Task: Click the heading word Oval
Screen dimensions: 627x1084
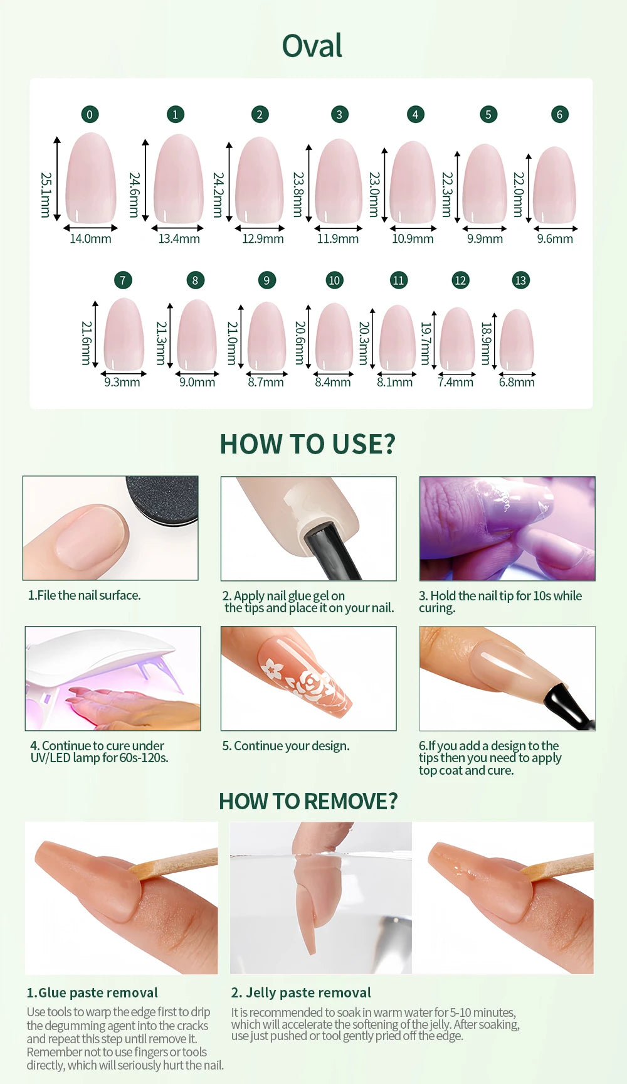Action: point(312,46)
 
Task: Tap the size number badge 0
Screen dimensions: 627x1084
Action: point(90,114)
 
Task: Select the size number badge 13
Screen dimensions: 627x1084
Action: point(520,280)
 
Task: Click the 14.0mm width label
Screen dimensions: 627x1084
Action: point(90,239)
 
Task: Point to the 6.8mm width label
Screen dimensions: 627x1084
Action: point(517,382)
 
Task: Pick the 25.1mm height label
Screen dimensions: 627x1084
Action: point(46,195)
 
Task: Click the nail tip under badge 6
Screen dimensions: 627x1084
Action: point(554,185)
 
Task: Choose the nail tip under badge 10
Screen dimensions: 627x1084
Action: point(334,337)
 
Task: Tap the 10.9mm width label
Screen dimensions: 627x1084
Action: point(413,239)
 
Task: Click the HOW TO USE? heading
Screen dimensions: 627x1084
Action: point(308,444)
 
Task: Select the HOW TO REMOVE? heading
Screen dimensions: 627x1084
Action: point(308,801)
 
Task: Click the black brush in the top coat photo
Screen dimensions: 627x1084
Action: point(568,706)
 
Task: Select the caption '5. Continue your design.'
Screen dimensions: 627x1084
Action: point(286,746)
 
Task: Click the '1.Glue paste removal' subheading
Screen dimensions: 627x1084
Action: point(92,993)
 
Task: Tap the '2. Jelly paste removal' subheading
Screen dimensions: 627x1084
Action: point(301,993)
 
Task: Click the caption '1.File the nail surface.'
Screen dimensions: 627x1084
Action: point(84,595)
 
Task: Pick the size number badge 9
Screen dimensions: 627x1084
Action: point(266,280)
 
